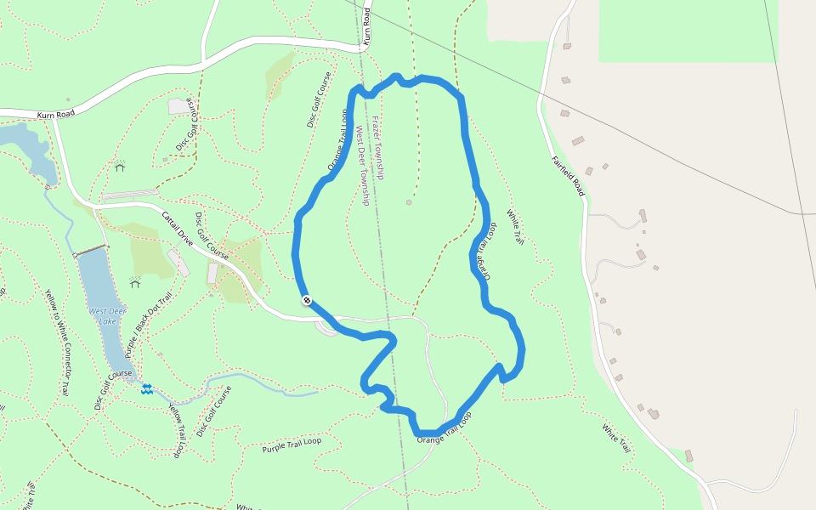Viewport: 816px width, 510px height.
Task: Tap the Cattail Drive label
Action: (179, 230)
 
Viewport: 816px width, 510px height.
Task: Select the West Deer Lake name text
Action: (102, 316)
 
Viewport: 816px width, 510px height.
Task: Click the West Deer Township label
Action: (362, 166)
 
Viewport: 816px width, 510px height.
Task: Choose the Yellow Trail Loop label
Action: (177, 430)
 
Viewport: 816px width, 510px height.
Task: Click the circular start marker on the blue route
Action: (306, 300)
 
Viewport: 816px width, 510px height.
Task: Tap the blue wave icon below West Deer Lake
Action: (147, 388)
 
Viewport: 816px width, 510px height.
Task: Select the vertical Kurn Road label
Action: (367, 26)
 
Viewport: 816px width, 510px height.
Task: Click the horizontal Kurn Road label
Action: (55, 114)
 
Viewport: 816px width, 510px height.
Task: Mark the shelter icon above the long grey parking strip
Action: (120, 167)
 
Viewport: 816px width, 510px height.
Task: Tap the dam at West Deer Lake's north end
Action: (90, 251)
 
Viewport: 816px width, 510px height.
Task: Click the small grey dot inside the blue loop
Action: (409, 202)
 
